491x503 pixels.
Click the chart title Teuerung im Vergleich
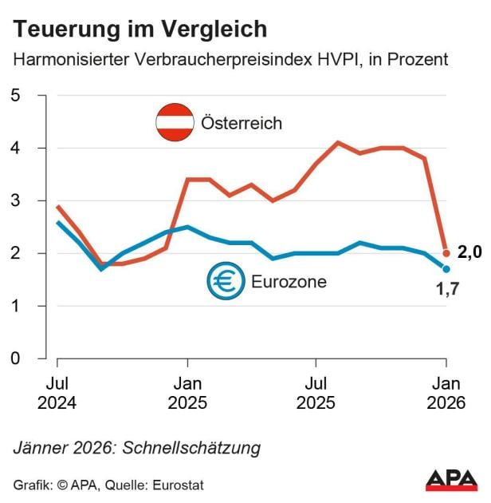[x=140, y=30]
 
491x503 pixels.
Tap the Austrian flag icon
[x=175, y=123]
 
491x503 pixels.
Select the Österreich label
[x=242, y=124]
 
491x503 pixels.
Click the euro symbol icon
[x=225, y=281]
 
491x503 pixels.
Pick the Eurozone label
[x=289, y=282]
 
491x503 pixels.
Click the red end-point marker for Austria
[x=446, y=253]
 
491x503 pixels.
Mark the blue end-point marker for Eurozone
[x=446, y=269]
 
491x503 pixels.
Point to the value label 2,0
[x=469, y=253]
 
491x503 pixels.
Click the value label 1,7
[x=446, y=288]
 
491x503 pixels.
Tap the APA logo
[x=451, y=480]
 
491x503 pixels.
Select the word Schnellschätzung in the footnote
[x=191, y=447]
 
